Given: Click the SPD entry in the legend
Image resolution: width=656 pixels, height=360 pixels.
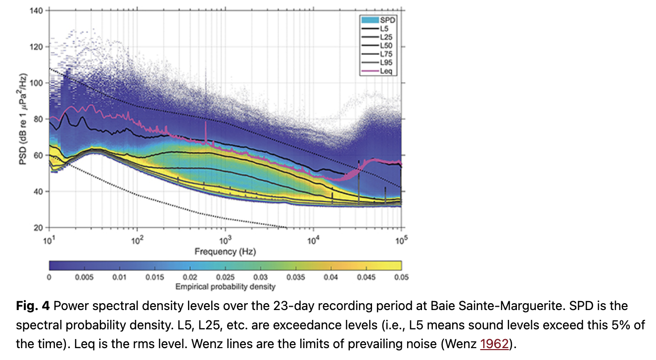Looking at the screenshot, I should pos(385,20).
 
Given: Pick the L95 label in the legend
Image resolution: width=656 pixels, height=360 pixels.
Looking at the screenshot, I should pos(386,63).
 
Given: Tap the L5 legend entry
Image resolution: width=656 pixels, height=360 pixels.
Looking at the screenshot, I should pos(384,29).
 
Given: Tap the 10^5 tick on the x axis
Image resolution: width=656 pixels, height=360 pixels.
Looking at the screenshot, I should pos(401,238).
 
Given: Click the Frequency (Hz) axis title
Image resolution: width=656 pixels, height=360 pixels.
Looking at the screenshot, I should pos(225,251).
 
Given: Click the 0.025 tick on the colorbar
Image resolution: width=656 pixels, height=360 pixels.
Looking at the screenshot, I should pos(225,277).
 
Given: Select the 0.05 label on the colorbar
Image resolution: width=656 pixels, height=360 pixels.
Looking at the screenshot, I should pos(401,277).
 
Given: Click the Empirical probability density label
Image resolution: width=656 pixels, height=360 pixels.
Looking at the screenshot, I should pos(226,286).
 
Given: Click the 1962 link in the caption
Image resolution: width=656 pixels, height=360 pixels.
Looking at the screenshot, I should pos(494,344).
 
